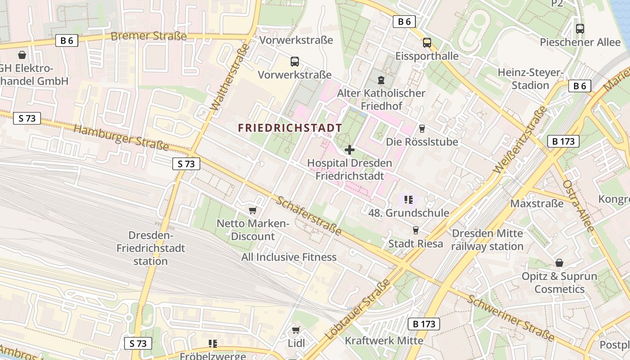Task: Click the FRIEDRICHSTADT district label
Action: [290, 128]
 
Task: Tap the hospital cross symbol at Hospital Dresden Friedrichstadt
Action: [349, 150]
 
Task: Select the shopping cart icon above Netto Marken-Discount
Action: [252, 211]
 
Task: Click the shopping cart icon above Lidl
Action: [296, 331]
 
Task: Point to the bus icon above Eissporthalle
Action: [427, 43]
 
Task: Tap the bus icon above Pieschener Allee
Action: [580, 29]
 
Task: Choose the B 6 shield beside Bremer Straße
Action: [67, 40]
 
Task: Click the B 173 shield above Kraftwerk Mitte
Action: [423, 324]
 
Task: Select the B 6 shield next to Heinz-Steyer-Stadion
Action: [579, 86]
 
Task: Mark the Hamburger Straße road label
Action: [121, 137]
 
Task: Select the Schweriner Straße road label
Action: [510, 318]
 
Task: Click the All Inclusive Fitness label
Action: [289, 257]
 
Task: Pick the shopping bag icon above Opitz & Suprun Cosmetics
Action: [559, 263]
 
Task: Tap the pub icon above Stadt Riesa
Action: [415, 230]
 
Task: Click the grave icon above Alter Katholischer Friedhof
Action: [381, 80]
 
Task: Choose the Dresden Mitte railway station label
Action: [487, 240]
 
